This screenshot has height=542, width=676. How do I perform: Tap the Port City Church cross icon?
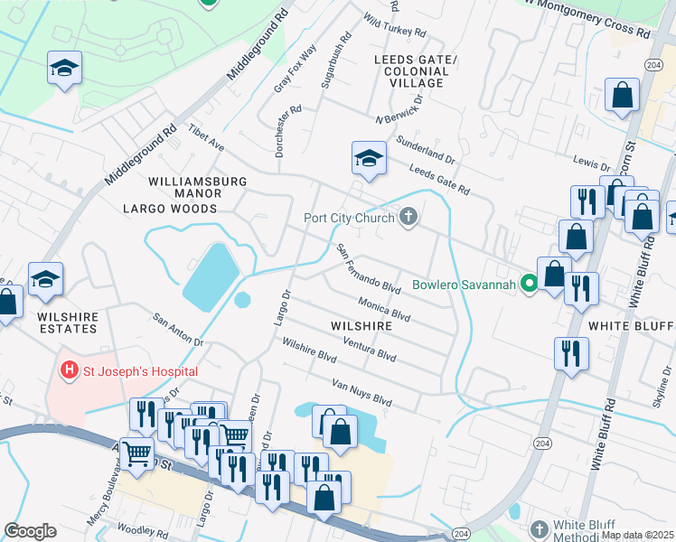click(408, 217)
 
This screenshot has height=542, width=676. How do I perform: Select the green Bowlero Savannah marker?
click(529, 285)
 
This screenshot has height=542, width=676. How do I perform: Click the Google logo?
click(30, 531)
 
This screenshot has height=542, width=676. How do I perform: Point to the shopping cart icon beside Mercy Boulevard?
click(136, 453)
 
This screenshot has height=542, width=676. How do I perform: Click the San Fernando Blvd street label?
click(368, 267)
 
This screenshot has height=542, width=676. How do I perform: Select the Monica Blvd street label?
click(384, 309)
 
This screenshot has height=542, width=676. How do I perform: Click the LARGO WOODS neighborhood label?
click(170, 209)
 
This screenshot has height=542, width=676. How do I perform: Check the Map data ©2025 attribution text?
click(637, 535)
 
